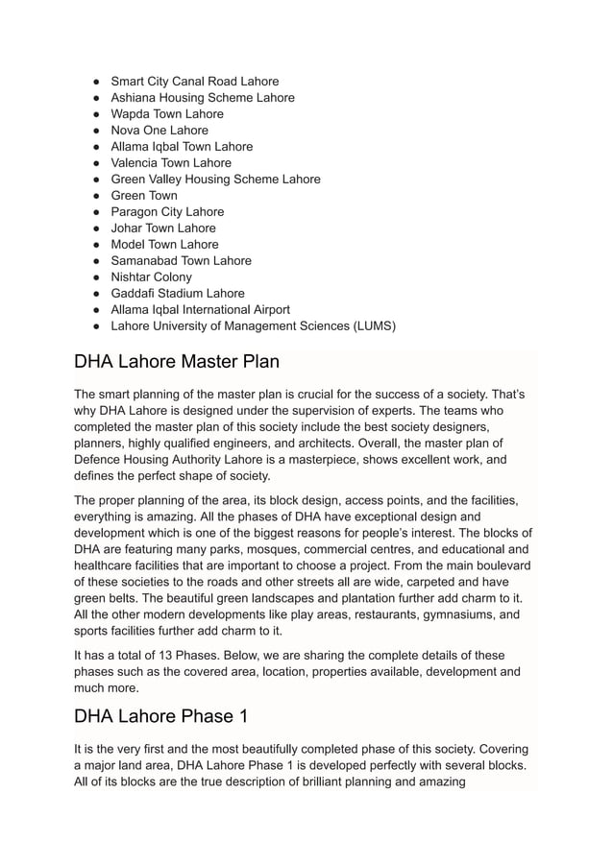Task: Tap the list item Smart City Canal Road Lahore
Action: point(195,82)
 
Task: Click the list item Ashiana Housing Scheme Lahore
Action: point(203,98)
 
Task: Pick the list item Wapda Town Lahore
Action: point(167,114)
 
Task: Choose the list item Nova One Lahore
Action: point(159,131)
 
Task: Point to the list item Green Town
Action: point(144,196)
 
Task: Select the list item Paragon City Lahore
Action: point(167,212)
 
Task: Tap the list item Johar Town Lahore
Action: point(163,228)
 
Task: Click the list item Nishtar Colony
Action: point(152,277)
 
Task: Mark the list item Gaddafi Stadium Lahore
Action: point(178,294)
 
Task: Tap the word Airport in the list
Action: point(269,310)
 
